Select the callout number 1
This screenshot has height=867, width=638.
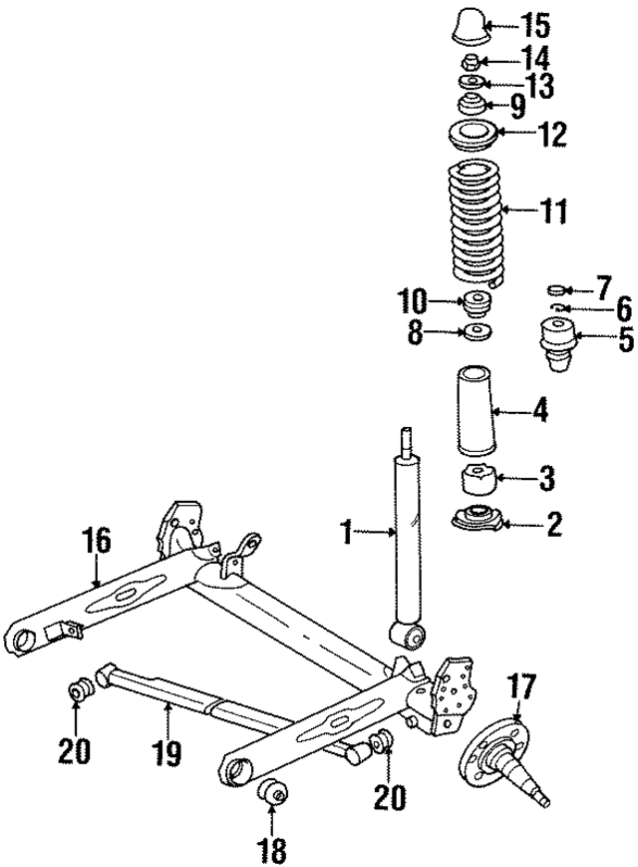pos(346,534)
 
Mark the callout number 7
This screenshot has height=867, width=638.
pos(604,289)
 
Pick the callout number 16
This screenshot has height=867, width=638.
pos(97,545)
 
